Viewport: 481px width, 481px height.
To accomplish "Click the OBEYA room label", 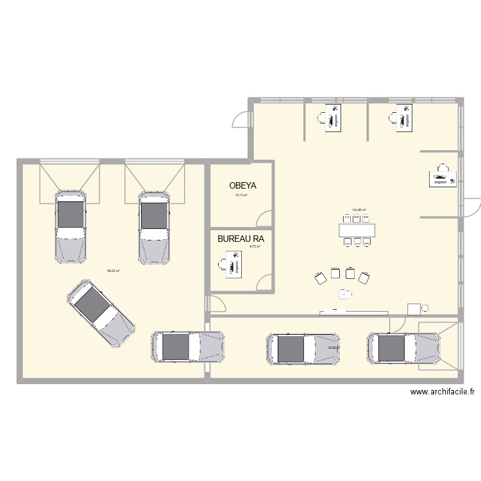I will [x=242, y=185].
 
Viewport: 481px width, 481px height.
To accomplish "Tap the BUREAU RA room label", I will [x=240, y=239].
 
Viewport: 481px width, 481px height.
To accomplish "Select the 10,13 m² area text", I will [x=241, y=195].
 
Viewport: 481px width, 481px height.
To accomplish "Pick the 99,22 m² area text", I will [x=114, y=271].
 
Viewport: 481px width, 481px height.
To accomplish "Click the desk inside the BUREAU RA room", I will [x=230, y=265].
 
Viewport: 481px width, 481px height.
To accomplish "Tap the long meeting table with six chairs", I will [x=357, y=230].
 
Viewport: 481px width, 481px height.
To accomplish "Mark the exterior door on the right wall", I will [x=471, y=207].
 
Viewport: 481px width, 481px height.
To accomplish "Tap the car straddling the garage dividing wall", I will [x=188, y=347].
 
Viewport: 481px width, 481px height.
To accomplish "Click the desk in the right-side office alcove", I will [x=443, y=178].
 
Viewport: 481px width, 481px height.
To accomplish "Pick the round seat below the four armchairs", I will [x=346, y=294].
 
